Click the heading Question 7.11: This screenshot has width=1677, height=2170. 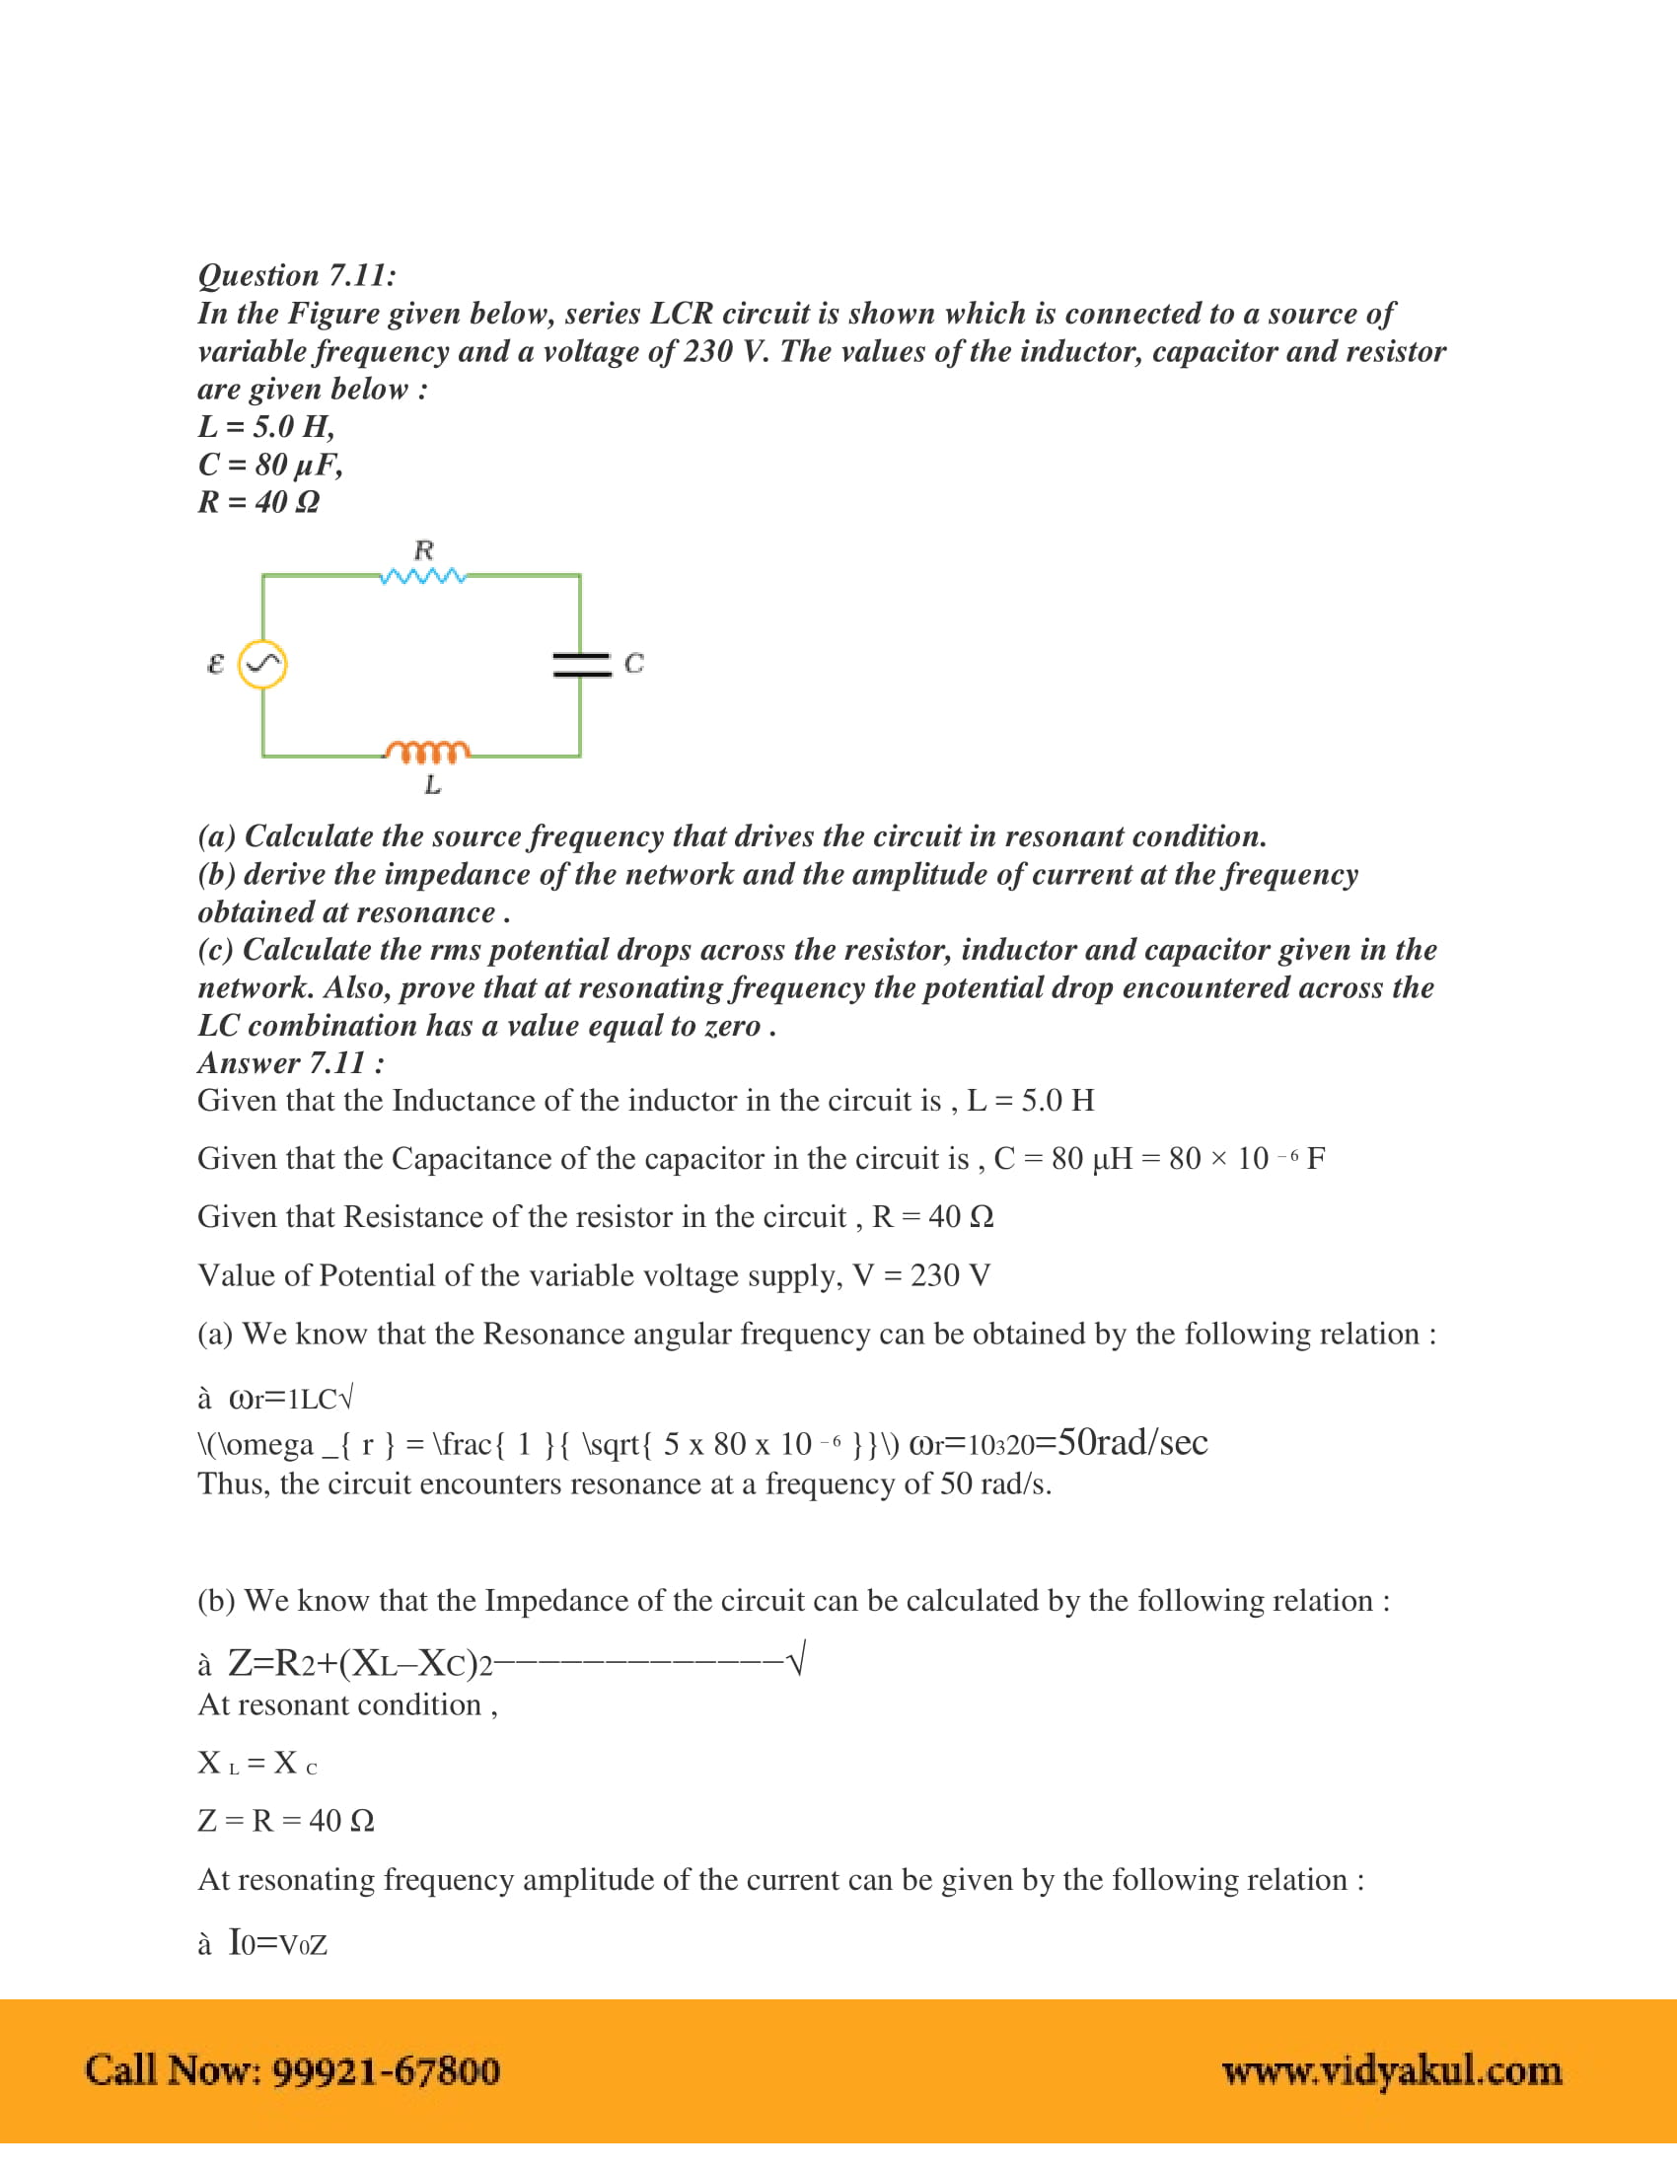[296, 275]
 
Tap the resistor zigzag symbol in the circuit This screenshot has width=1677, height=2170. [423, 576]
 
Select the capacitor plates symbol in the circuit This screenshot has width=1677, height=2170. [581, 664]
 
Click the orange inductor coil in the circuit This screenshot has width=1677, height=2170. [428, 752]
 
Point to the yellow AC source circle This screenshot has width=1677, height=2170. [263, 664]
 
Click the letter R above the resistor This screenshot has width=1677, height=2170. [424, 549]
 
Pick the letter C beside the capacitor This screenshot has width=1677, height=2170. [634, 663]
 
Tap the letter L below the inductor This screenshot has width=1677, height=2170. [432, 785]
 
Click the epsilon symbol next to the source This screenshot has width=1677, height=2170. [215, 663]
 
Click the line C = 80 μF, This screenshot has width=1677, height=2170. [270, 464]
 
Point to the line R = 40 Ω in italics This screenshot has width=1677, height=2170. [258, 502]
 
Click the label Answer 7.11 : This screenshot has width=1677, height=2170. [291, 1063]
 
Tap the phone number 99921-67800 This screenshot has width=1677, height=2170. [386, 2070]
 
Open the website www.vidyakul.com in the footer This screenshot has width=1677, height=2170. [1391, 2070]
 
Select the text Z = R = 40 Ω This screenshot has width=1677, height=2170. [286, 1820]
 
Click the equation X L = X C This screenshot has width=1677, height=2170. [257, 1763]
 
